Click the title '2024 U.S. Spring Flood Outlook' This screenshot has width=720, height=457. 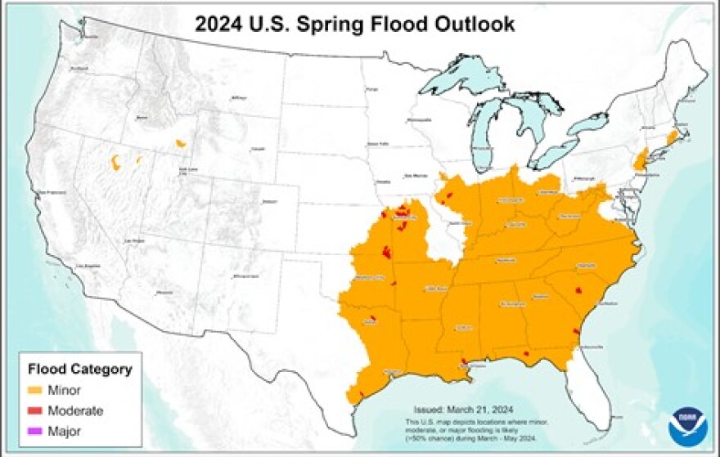(x=354, y=25)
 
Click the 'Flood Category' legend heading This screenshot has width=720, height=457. (x=79, y=370)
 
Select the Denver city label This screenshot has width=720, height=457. (x=268, y=200)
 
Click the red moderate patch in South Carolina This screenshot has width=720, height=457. (x=579, y=290)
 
